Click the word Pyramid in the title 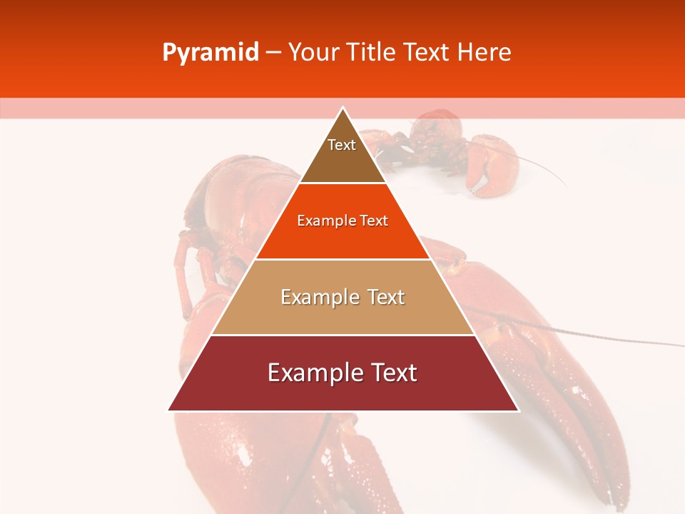210,53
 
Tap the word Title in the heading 370,53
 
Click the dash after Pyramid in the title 273,53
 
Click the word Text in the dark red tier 394,373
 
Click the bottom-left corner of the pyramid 169,410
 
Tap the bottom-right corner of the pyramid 517,410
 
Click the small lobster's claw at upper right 492,168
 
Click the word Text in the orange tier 373,221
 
